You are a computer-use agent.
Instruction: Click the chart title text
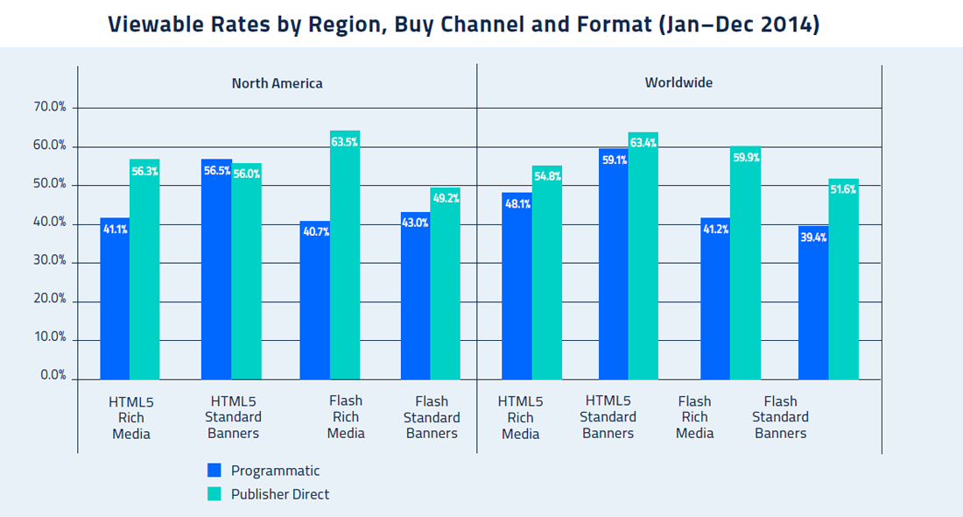point(464,24)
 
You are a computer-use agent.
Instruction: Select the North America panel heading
point(277,84)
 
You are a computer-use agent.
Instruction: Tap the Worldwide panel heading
point(678,83)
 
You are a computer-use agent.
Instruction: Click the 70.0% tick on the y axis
point(50,108)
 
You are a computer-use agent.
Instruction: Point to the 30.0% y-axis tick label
point(50,261)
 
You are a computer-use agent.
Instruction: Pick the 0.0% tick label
point(53,376)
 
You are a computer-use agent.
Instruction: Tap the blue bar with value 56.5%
point(216,272)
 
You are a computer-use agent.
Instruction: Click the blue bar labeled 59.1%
point(614,267)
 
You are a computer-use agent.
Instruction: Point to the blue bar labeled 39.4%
point(813,307)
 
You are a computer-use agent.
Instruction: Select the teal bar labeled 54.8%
point(547,276)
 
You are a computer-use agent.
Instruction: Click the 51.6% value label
point(844,190)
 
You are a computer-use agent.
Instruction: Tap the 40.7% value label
point(314,233)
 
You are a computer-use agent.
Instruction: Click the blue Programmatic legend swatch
point(214,471)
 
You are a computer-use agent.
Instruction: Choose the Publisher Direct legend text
point(280,494)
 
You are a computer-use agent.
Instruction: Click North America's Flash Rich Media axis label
point(346,417)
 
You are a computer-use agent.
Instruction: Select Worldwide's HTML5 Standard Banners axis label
point(608,417)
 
